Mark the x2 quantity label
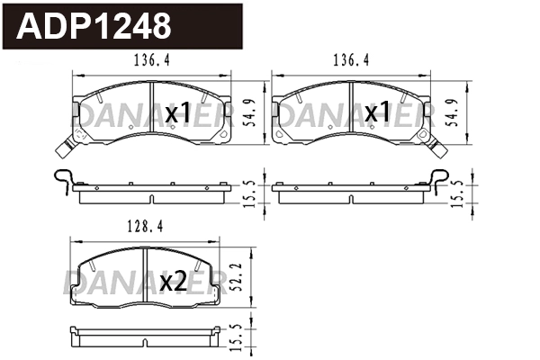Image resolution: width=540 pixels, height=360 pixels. click(x=172, y=283)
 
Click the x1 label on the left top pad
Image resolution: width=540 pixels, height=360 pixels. click(x=178, y=113)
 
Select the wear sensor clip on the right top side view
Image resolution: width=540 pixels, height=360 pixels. click(x=438, y=179)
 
